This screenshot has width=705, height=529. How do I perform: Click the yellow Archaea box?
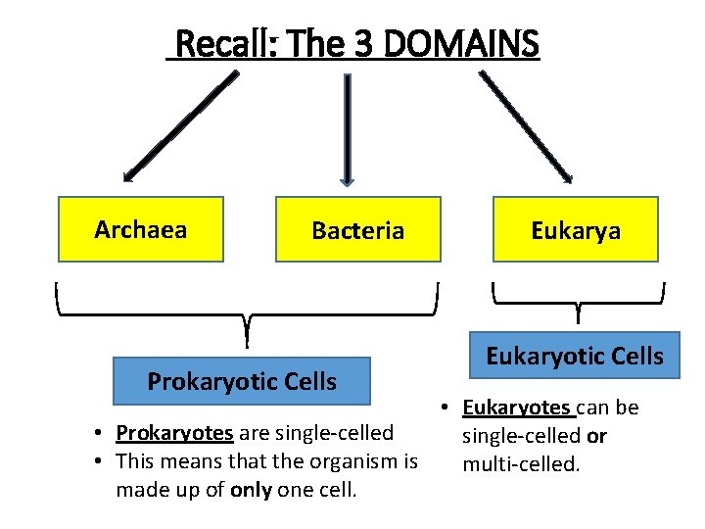[141, 229]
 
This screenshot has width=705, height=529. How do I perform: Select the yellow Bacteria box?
[357, 229]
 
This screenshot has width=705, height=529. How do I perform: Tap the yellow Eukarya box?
[575, 229]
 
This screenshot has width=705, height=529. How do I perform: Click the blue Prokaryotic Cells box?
[242, 381]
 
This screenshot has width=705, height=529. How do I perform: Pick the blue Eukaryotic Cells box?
[575, 357]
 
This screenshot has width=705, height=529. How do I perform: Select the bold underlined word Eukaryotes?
[516, 408]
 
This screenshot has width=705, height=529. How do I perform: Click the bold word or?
[596, 435]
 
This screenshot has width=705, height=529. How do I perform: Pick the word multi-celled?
[521, 462]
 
